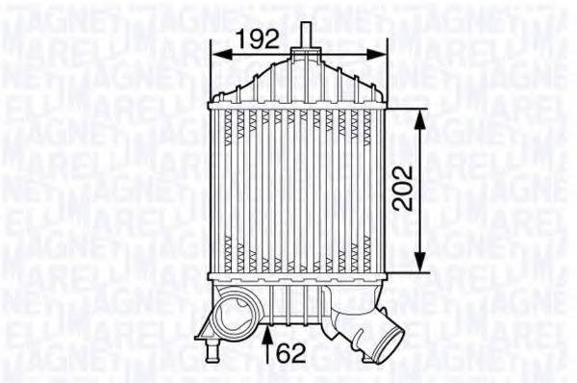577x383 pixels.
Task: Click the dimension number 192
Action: [x=258, y=38]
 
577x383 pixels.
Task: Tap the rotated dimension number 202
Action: [x=404, y=190]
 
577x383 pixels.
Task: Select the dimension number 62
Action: [x=292, y=354]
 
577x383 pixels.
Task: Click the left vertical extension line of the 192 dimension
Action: [x=213, y=72]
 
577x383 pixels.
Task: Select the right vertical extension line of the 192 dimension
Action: [x=386, y=72]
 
